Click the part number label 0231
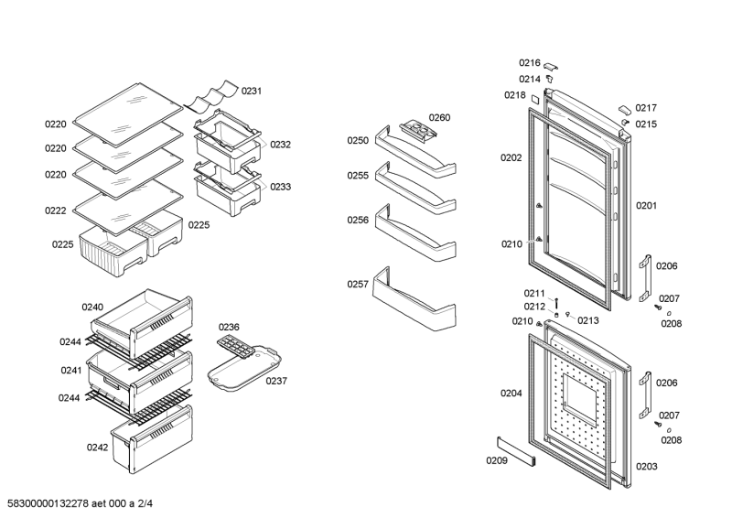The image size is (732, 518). [x=252, y=91]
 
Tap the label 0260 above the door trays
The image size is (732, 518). [x=439, y=117]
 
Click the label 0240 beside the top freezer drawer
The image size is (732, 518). [x=92, y=308]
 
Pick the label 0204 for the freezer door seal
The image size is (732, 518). [x=511, y=394]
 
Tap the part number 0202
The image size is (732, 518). [x=511, y=157]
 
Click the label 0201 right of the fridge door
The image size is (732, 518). [x=646, y=206]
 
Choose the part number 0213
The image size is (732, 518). [x=587, y=320]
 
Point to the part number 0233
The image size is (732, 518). [x=280, y=187]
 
